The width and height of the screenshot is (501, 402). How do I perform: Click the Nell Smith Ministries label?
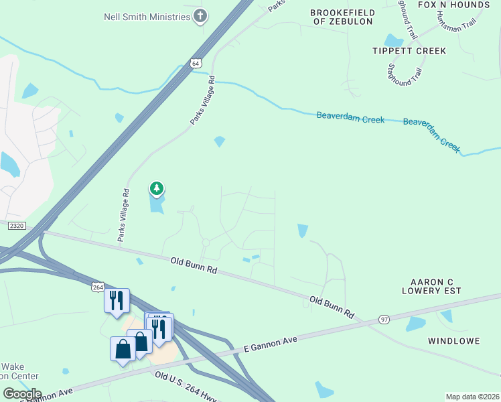click(147, 15)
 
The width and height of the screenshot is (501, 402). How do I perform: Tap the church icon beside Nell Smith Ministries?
click(200, 15)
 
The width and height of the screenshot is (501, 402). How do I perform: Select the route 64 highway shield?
click(195, 63)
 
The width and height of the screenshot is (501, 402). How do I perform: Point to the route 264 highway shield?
click(98, 287)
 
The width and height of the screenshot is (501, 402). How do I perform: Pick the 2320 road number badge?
click(16, 226)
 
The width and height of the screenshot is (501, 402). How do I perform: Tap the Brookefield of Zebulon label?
click(342, 17)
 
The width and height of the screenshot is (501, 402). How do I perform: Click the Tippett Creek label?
click(409, 51)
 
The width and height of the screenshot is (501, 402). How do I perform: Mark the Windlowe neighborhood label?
click(454, 341)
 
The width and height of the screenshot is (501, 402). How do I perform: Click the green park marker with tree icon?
click(156, 189)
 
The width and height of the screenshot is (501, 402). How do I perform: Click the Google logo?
click(22, 393)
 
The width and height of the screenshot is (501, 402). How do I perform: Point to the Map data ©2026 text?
click(472, 397)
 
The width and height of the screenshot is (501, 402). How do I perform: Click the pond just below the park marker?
click(157, 205)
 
